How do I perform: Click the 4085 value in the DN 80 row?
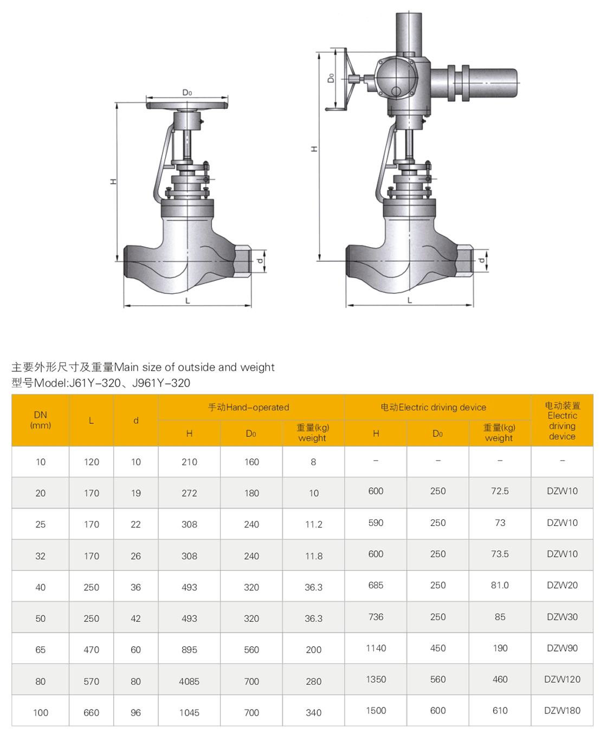click(x=189, y=681)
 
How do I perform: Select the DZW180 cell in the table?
click(x=562, y=711)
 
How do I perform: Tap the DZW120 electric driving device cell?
click(x=562, y=679)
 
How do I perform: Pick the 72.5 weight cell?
click(x=500, y=491)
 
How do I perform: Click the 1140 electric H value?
click(x=376, y=648)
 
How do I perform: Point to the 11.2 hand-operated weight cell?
click(x=313, y=525)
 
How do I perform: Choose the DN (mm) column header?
click(x=41, y=420)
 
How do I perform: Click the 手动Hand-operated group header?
click(x=249, y=407)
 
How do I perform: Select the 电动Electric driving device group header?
click(x=434, y=407)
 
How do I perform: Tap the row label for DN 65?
click(x=41, y=649)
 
